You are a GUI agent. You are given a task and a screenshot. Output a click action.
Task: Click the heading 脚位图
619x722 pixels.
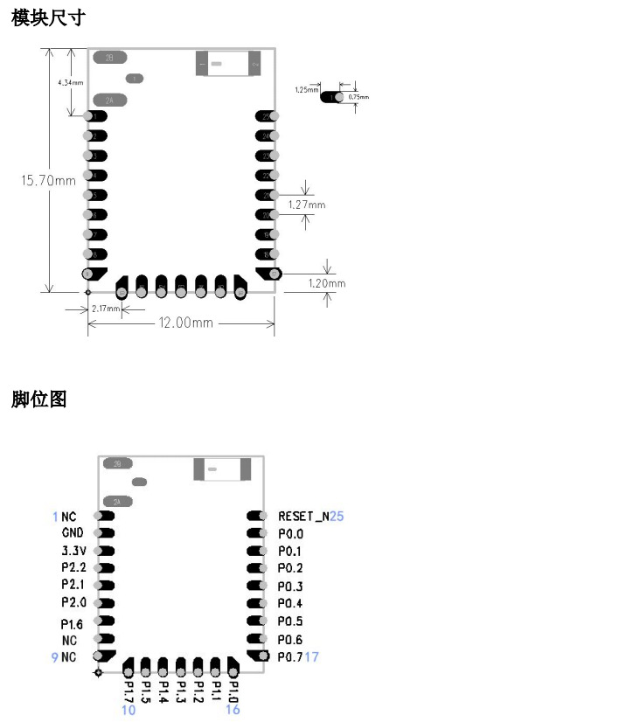pyautogui.click(x=38, y=399)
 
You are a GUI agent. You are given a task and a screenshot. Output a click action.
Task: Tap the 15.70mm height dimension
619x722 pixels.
pyautogui.click(x=48, y=181)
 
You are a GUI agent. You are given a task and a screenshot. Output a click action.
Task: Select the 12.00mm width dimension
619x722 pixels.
pyautogui.click(x=185, y=323)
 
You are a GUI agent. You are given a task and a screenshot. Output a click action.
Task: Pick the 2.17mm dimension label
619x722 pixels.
pyautogui.click(x=106, y=309)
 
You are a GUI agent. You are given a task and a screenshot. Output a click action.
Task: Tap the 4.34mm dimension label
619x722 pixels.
pyautogui.click(x=70, y=82)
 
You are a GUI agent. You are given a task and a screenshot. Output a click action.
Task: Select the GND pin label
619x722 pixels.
pyautogui.click(x=73, y=533)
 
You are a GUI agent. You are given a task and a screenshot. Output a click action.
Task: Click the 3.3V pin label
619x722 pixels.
pyautogui.click(x=73, y=552)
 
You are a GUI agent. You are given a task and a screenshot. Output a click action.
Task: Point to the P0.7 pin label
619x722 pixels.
pyautogui.click(x=290, y=656)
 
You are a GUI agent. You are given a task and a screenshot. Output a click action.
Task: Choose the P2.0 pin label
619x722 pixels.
pyautogui.click(x=73, y=603)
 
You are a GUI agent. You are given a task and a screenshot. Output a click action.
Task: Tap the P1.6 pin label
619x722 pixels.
pyautogui.click(x=73, y=624)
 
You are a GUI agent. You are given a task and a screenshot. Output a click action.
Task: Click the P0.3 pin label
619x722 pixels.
pyautogui.click(x=290, y=586)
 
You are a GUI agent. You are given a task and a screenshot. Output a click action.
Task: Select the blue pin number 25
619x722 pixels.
pyautogui.click(x=337, y=517)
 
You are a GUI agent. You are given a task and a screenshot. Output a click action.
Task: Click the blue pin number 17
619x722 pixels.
pyautogui.click(x=312, y=656)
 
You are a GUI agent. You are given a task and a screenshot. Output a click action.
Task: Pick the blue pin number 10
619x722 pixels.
pyautogui.click(x=129, y=710)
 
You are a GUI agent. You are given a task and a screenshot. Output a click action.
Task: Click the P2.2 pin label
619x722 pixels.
pyautogui.click(x=73, y=568)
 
